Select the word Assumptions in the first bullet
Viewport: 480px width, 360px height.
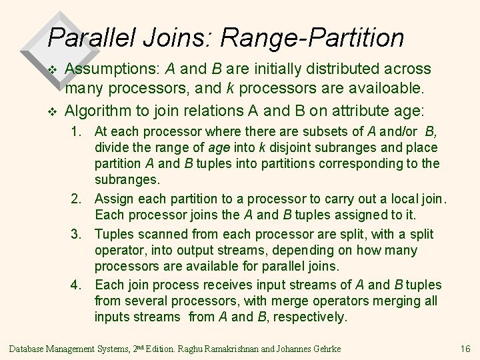[x=111, y=69]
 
